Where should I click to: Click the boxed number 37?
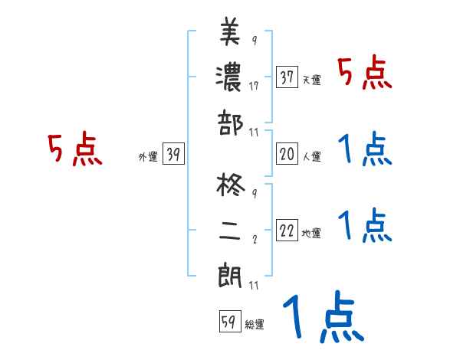[287, 77]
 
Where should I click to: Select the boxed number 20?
[287, 154]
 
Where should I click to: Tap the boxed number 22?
[287, 231]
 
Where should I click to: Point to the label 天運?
[311, 80]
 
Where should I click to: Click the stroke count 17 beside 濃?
[254, 86]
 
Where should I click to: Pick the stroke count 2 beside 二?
[254, 240]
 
